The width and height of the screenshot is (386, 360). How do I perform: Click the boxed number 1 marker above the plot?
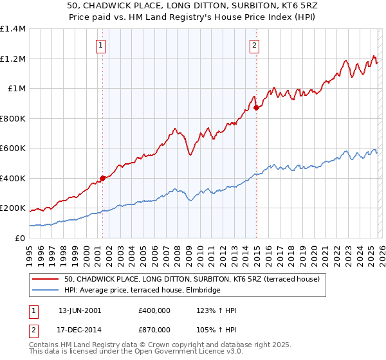102,45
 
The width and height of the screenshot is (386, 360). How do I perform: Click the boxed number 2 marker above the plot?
255,45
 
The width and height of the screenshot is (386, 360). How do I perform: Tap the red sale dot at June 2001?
102,178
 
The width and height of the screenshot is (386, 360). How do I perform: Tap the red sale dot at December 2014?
256,108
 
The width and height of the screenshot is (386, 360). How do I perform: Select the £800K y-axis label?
13,118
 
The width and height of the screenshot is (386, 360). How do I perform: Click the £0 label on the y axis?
20,238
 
